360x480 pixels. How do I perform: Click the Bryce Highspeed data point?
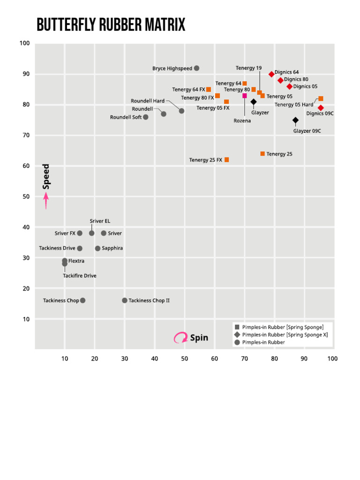pos(197,68)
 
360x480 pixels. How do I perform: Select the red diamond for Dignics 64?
pos(271,75)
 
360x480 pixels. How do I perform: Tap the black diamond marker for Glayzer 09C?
pos(295,120)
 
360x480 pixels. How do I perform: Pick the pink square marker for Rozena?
pos(245,96)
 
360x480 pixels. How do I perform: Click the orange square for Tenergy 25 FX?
pos(227,160)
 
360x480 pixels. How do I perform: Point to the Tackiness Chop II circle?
pos(125,300)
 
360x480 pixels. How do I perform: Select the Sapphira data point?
pos(97,248)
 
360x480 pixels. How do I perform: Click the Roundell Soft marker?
pos(146,117)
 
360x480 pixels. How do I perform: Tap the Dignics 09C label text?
pos(320,113)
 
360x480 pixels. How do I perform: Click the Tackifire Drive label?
pos(80,276)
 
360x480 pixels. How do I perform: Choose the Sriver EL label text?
pos(100,221)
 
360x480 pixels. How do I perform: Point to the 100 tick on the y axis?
pos(25,44)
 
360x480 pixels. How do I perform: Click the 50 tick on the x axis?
pos(185,359)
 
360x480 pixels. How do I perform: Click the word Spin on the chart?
pos(199,337)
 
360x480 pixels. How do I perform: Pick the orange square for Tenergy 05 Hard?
pos(321,99)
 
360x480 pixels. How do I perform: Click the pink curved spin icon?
pos(180,337)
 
